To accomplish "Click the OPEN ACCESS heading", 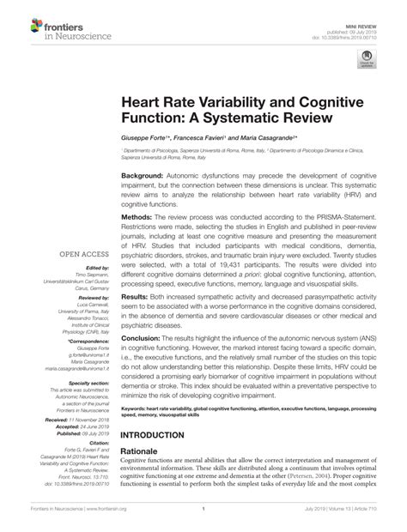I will point(82,254).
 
